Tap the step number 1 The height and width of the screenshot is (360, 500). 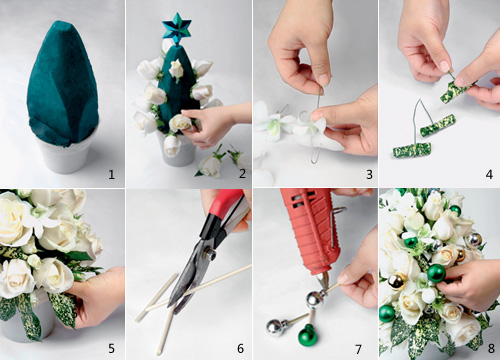point(112,174)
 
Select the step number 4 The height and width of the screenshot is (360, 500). point(489,174)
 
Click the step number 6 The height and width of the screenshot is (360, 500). point(240,349)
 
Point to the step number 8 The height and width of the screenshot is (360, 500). point(491,349)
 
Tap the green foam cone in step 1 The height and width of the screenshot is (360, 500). point(63,83)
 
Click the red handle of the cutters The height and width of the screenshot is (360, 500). point(223,208)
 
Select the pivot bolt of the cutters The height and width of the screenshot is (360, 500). point(210,254)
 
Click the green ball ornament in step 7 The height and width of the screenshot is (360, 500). point(307,335)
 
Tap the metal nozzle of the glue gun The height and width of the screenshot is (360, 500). point(323,281)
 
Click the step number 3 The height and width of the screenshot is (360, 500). point(369,174)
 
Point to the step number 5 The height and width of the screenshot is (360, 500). point(111,349)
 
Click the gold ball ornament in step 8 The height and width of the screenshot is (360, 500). point(397,282)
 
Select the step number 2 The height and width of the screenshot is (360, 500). point(242,174)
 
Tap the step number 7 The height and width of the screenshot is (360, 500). point(358,349)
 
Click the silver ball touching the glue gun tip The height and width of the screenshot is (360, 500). point(315,300)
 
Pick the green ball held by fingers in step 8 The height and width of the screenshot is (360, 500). point(436,273)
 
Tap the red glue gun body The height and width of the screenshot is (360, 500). point(312,230)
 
